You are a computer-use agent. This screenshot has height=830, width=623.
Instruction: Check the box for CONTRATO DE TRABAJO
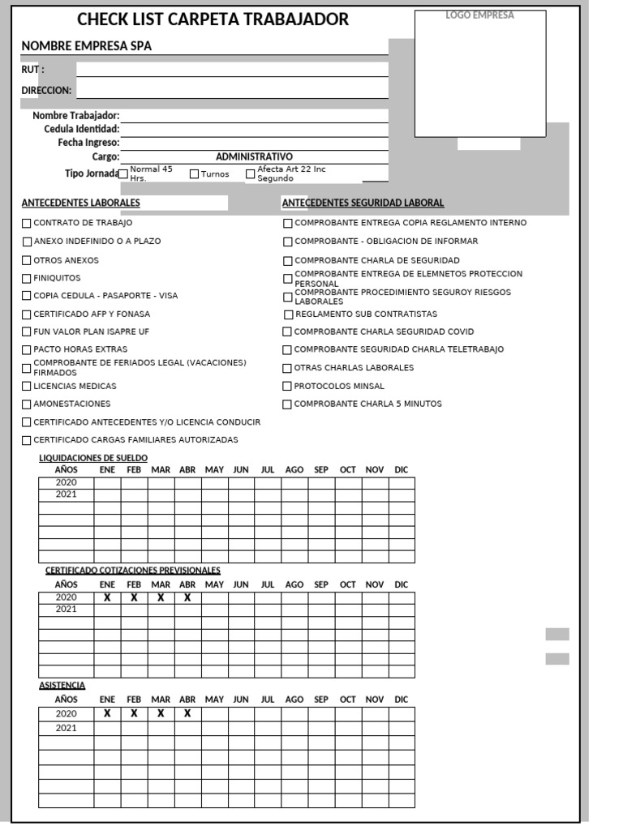click(x=27, y=223)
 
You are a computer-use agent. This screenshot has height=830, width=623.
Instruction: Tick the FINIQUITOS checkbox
click(x=27, y=278)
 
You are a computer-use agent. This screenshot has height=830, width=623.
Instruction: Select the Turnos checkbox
click(x=195, y=173)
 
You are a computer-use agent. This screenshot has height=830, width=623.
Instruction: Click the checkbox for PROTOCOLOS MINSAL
click(x=287, y=387)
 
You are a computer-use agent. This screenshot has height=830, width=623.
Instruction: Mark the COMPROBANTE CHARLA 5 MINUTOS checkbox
click(x=287, y=404)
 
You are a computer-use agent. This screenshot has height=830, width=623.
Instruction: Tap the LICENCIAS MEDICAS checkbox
click(x=27, y=387)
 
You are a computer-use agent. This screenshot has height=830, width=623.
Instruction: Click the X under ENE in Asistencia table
click(x=107, y=713)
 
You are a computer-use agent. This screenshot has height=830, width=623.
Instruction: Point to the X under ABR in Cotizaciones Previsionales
click(x=187, y=597)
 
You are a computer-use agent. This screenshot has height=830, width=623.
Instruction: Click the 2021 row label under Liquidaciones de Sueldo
click(x=66, y=494)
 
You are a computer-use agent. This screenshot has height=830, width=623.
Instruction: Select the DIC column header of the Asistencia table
click(x=402, y=699)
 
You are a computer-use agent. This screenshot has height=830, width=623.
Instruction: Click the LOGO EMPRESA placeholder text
click(x=480, y=15)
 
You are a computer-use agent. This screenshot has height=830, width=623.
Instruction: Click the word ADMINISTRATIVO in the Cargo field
click(x=254, y=156)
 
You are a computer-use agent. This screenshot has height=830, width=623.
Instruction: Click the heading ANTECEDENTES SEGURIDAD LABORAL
click(x=363, y=203)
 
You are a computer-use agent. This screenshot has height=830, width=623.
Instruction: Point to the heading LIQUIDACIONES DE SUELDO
click(x=93, y=458)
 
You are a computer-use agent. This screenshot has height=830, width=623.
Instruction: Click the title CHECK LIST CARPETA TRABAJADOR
click(x=213, y=19)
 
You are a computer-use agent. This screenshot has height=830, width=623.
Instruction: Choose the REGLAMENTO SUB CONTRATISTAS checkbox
click(x=289, y=314)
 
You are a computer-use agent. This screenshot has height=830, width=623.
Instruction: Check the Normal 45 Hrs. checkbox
click(x=124, y=173)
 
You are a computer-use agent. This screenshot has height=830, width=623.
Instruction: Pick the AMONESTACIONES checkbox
click(x=27, y=404)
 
